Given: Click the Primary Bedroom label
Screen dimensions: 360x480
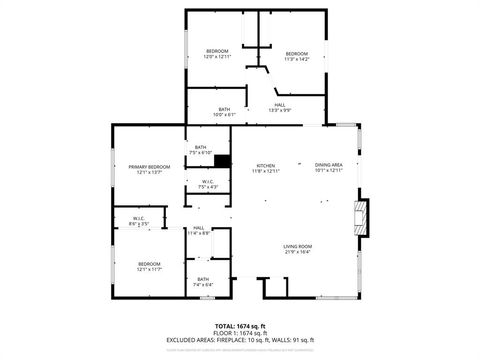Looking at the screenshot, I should (148, 169).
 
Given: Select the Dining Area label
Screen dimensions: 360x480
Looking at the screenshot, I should (329, 167).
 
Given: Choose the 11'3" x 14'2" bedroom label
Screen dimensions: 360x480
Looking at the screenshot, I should (297, 56).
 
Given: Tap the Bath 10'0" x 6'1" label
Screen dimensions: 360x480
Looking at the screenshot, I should (224, 112).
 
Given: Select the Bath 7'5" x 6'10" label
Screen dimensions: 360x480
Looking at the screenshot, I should (201, 150).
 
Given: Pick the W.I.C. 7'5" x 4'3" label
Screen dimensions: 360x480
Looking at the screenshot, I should (207, 184).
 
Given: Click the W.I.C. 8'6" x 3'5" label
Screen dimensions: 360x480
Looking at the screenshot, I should (139, 221).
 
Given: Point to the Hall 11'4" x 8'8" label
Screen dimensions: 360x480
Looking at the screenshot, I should (200, 230).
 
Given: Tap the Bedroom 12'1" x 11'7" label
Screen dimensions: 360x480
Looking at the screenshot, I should (149, 266).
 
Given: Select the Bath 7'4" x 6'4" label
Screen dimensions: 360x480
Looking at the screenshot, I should (203, 282).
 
